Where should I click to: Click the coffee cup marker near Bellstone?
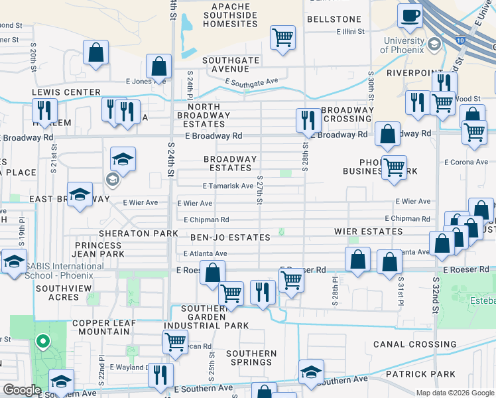tap(409, 15)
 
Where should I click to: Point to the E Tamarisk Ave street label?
tap(227, 186)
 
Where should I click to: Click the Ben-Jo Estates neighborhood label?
tap(230, 237)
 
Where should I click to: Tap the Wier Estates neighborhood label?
tap(369, 232)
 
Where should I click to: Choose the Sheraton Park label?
tap(139, 233)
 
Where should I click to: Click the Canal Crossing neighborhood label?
tap(414, 344)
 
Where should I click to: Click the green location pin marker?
tap(43, 342)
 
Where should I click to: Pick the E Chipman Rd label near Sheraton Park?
tap(206, 220)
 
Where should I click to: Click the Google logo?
tap(22, 391)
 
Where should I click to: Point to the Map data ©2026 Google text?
tap(454, 393)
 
